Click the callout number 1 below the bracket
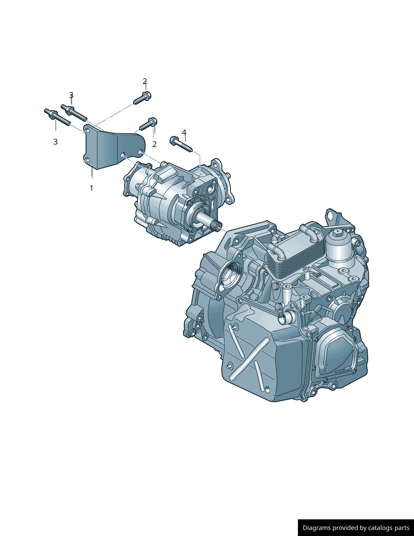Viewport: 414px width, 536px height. (x=91, y=188)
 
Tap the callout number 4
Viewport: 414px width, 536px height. (x=184, y=132)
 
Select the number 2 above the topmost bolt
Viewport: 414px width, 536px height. (x=145, y=81)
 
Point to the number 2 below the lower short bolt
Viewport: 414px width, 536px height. (x=154, y=144)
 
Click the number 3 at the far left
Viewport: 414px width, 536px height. (x=56, y=142)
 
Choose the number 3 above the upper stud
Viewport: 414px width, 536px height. (x=71, y=95)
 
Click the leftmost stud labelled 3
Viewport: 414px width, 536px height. (x=57, y=117)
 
